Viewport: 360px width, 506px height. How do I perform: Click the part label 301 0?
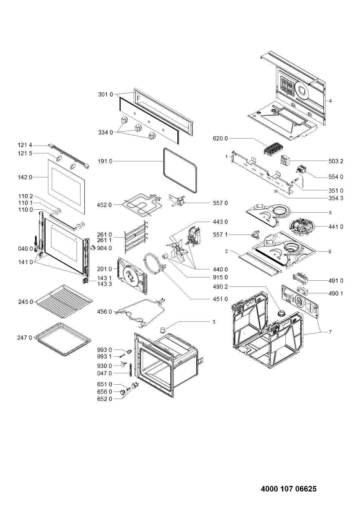pyautogui.click(x=105, y=95)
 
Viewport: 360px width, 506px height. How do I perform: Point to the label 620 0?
pyautogui.click(x=220, y=138)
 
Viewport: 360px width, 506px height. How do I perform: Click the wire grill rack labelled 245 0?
pyautogui.click(x=64, y=301)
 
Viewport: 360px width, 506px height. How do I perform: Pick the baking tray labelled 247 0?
pyautogui.click(x=63, y=339)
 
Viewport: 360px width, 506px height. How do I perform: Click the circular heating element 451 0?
pyautogui.click(x=154, y=264)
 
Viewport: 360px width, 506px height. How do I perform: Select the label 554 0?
pyautogui.click(x=335, y=177)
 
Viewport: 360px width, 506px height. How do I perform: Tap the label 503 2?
pyautogui.click(x=335, y=161)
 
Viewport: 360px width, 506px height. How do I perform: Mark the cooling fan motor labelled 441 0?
pyautogui.click(x=300, y=226)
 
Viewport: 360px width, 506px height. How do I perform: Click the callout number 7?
pyautogui.click(x=330, y=332)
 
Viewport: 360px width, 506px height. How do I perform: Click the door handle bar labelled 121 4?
pyautogui.click(x=69, y=156)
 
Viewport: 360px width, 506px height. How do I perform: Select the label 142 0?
pyautogui.click(x=25, y=177)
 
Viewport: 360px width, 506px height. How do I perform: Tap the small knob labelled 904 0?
pyautogui.click(x=93, y=248)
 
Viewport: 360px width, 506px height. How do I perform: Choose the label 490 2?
pyautogui.click(x=220, y=287)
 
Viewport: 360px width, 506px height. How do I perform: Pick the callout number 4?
pyautogui.click(x=330, y=101)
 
